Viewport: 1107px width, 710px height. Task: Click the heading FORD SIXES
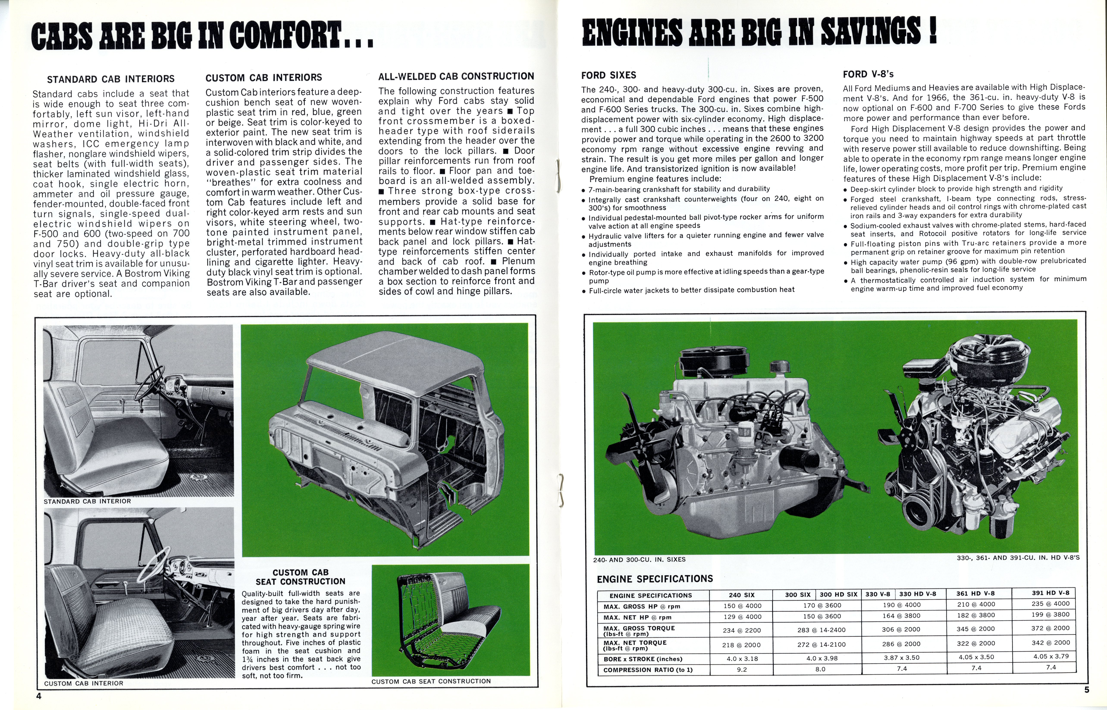tap(608, 75)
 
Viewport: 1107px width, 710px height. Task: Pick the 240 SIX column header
tap(742, 595)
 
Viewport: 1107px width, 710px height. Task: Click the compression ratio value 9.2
tap(742, 669)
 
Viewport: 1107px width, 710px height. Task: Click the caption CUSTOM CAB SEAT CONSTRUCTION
tap(431, 681)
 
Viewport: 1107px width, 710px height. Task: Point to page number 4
tap(39, 696)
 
